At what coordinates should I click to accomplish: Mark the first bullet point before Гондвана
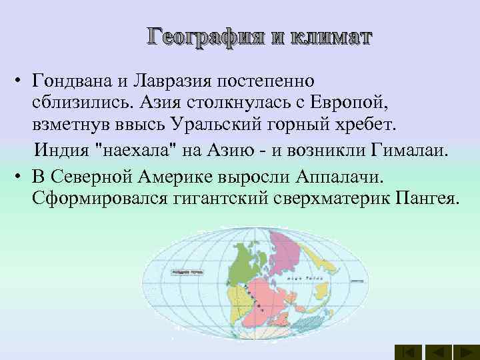21,82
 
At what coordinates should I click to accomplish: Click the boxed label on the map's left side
189,272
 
